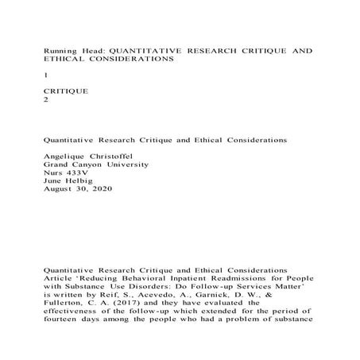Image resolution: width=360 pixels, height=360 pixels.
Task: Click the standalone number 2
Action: pos(47,103)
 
